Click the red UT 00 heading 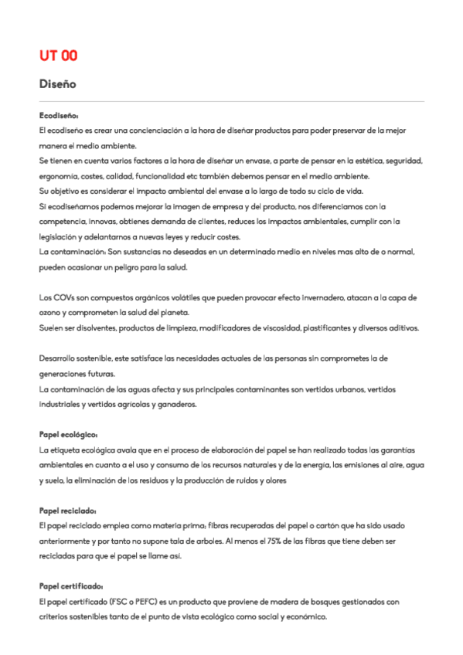[x=58, y=56]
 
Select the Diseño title [x=57, y=83]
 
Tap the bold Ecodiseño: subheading [x=58, y=115]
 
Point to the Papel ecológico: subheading [x=68, y=433]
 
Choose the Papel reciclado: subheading [x=67, y=510]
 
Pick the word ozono [x=50, y=312]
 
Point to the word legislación [x=60, y=236]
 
